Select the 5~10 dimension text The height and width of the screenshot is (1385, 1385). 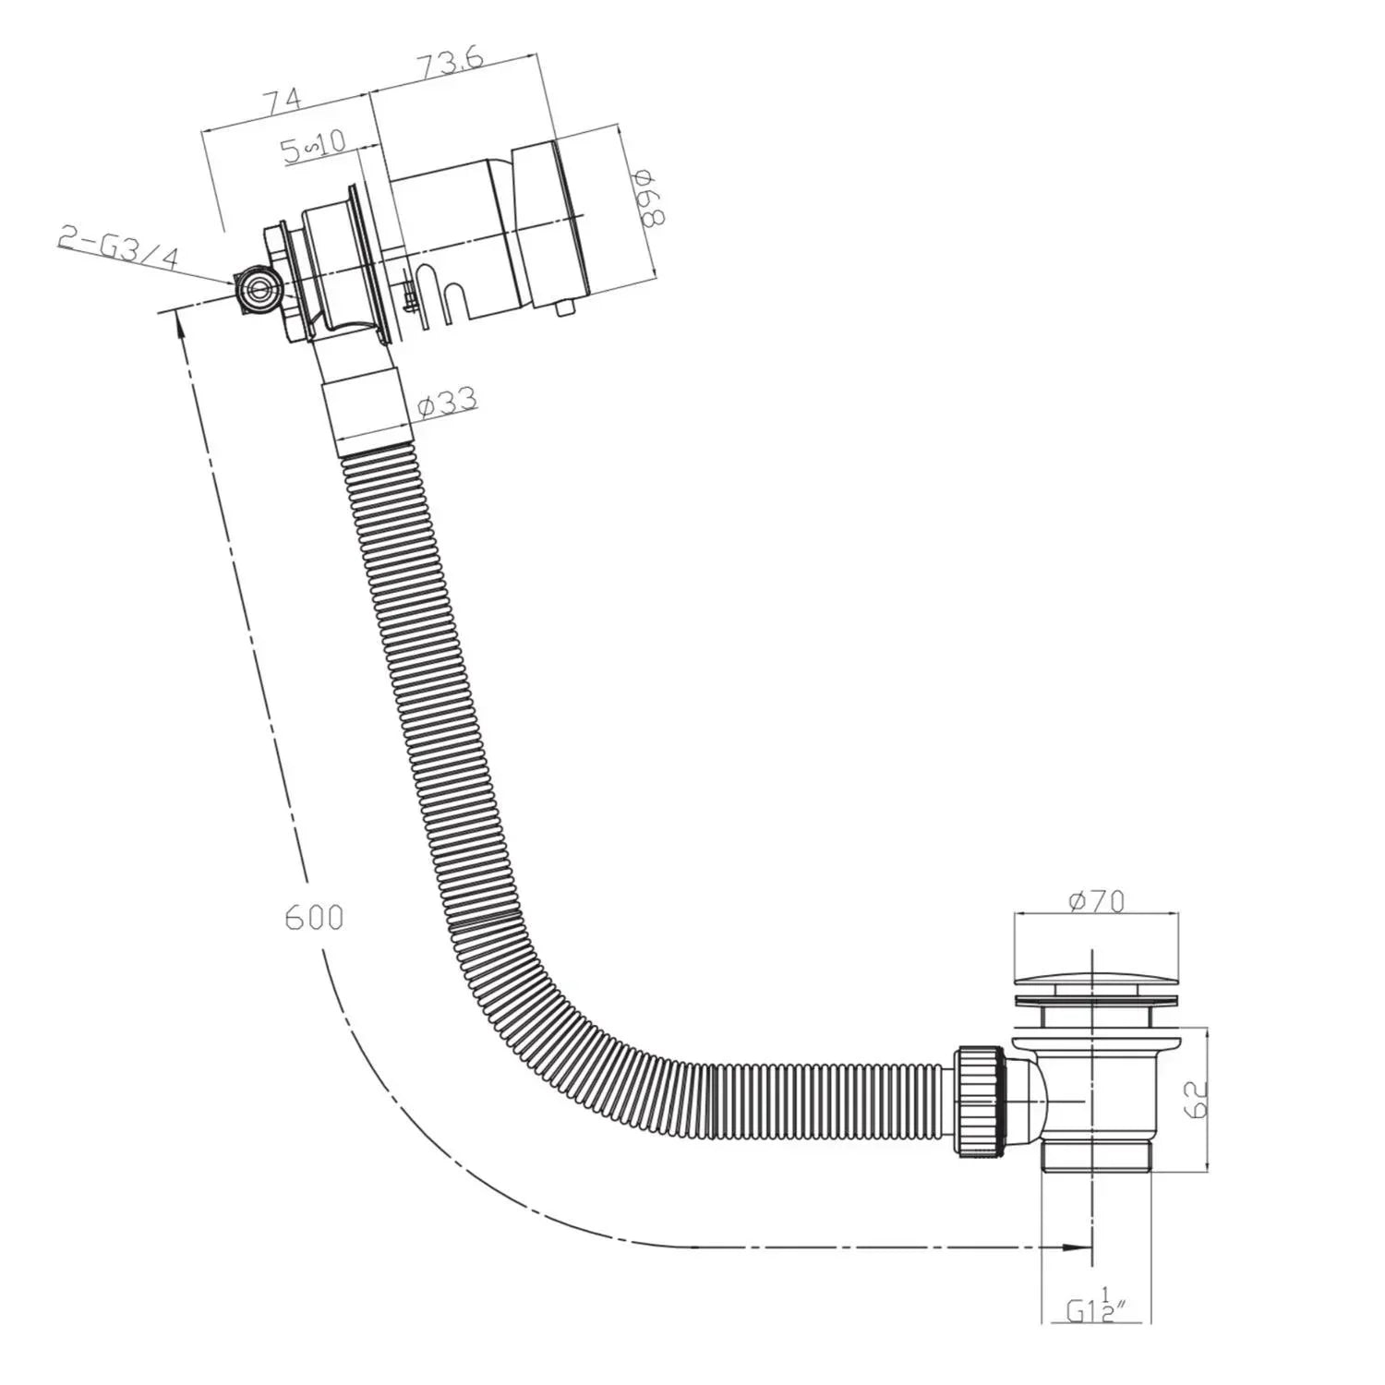click(x=314, y=146)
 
